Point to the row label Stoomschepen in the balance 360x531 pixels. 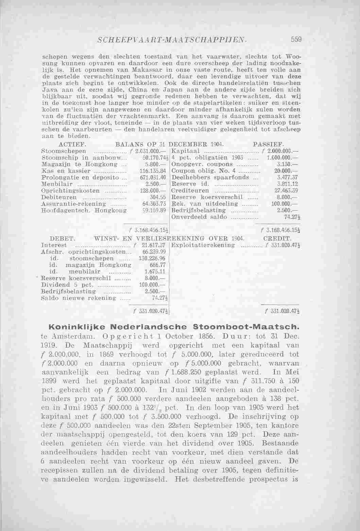click(x=63, y=151)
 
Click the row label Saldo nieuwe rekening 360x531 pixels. click(x=78, y=298)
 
